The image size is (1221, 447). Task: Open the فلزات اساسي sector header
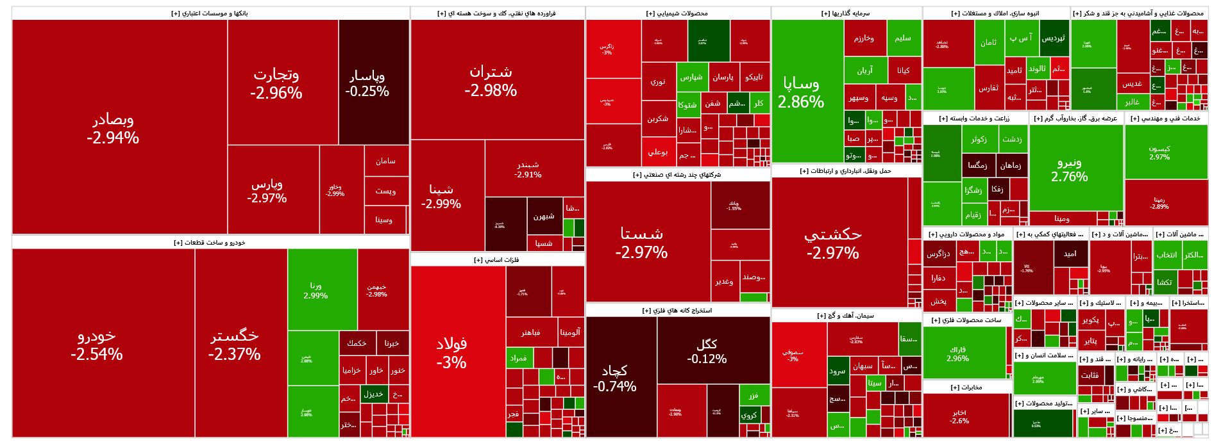click(496, 260)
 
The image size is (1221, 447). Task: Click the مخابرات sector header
click(966, 387)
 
